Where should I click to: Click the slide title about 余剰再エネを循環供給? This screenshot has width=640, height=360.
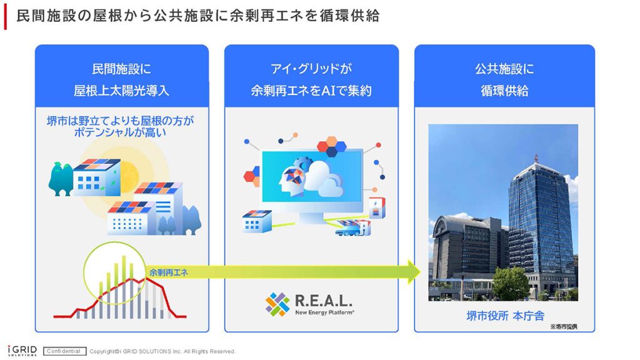(198, 16)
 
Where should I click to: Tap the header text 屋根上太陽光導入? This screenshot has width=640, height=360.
(122, 90)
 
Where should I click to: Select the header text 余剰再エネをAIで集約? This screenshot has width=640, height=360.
(311, 90)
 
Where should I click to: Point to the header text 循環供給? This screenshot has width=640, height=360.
(504, 90)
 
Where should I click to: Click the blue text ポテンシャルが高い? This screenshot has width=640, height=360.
(121, 132)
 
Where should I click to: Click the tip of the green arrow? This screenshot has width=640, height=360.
(421, 271)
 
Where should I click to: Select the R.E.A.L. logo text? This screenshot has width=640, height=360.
(323, 301)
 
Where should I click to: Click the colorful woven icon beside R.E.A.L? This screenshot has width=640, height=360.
(277, 304)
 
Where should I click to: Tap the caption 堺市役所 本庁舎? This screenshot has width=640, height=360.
(505, 316)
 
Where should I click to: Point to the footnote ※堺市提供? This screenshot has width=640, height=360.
(563, 326)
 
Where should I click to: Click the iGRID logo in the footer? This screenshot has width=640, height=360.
(22, 351)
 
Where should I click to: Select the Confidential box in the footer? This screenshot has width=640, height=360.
(64, 351)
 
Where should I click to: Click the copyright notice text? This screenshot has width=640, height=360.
(162, 351)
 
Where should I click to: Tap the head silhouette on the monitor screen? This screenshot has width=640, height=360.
(291, 179)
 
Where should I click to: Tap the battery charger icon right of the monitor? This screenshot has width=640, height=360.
(376, 208)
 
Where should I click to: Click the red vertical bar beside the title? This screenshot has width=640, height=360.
(5, 18)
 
